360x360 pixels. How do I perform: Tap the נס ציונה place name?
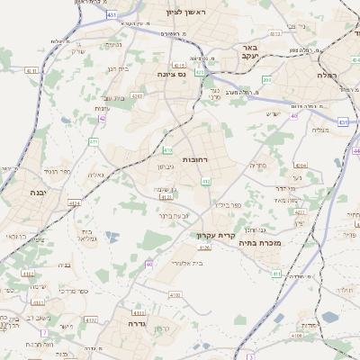(x=172, y=75)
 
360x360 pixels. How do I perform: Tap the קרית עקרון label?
(x=215, y=235)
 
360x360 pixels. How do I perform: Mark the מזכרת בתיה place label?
(x=260, y=242)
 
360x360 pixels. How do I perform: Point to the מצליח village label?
(x=320, y=131)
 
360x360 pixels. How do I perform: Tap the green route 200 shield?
(x=266, y=80)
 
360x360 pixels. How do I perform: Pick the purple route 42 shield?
(x=103, y=117)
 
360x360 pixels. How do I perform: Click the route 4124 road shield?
(x=74, y=203)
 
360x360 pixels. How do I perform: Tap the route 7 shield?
(x=44, y=333)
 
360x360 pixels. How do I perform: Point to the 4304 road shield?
(x=301, y=166)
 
